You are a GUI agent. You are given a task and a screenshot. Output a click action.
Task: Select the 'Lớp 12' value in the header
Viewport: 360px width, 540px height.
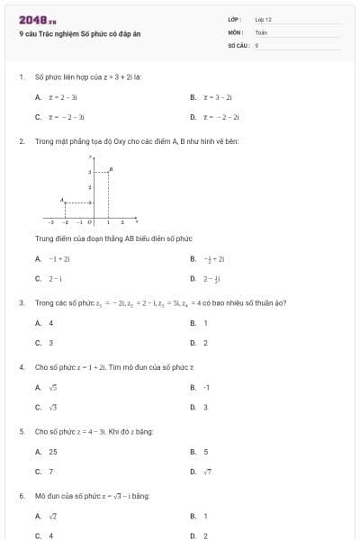pyautogui.click(x=263, y=19)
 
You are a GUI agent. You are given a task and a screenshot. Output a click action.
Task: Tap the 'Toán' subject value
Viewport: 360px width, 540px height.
pyautogui.click(x=261, y=31)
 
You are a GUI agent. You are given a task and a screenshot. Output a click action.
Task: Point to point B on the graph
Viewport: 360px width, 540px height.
pyautogui.click(x=110, y=169)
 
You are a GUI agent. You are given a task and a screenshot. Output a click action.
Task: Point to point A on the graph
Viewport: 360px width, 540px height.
pyautogui.click(x=62, y=201)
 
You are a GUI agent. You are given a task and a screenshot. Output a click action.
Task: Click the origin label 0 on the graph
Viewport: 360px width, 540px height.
pyautogui.click(x=89, y=221)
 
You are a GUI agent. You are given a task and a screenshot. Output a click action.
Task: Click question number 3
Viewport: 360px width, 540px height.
pyautogui.click(x=22, y=302)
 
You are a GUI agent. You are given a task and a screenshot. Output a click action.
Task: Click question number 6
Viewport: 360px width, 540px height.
pyautogui.click(x=22, y=496)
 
